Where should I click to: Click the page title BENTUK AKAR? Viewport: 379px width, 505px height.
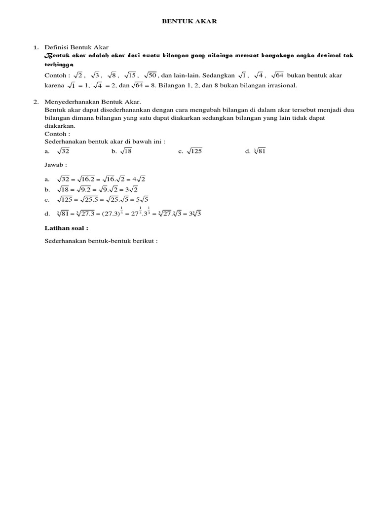[x=190, y=22]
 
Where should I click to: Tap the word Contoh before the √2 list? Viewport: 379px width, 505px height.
[x=55, y=75]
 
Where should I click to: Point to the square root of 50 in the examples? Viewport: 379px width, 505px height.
[x=150, y=75]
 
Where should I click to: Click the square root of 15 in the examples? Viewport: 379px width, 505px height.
[x=130, y=75]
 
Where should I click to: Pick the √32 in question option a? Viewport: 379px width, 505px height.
[x=63, y=152]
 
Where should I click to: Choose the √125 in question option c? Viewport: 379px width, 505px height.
[x=194, y=152]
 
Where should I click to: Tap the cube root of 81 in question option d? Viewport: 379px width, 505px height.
[x=259, y=152]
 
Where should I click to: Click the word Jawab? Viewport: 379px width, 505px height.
[x=55, y=165]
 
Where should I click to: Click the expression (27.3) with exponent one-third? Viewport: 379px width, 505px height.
[x=112, y=213]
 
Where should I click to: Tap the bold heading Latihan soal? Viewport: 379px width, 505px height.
[x=66, y=228]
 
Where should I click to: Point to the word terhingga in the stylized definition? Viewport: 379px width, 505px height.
[x=59, y=65]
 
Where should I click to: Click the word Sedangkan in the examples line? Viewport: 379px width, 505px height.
[x=220, y=75]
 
